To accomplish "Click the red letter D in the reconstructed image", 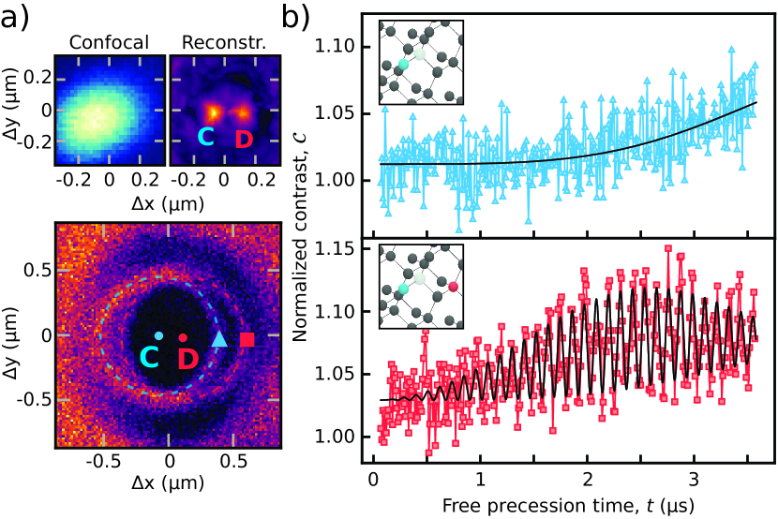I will [243, 140].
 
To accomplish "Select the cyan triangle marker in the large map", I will [219, 339].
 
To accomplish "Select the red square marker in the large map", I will [247, 339].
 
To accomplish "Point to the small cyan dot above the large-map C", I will [159, 335].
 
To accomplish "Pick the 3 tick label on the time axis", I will [693, 479].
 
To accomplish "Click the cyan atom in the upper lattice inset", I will [403, 66].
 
